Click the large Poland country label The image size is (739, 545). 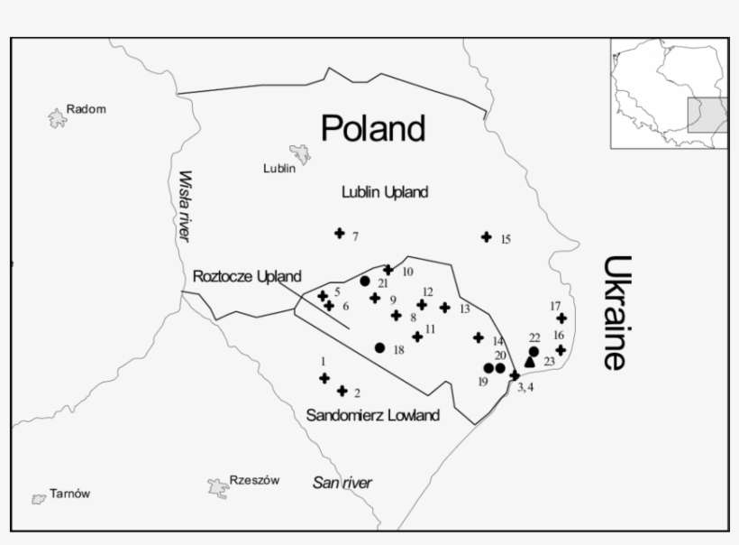[373, 129]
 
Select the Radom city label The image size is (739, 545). [87, 109]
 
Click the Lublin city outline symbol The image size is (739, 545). [299, 154]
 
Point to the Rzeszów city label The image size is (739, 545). [254, 480]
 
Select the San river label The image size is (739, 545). [342, 483]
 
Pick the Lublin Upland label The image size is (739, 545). [385, 192]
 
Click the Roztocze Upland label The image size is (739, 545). [247, 276]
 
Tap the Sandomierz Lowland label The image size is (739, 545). [373, 415]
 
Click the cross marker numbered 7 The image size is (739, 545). [340, 234]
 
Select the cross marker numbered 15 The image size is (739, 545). [487, 237]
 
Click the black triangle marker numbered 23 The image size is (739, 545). [530, 361]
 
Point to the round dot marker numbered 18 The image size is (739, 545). [379, 347]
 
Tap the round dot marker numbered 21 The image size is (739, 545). [365, 281]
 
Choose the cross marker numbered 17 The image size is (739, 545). [561, 319]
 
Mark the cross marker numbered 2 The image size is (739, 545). [342, 391]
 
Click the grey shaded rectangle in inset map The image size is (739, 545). [707, 115]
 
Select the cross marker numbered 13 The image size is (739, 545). [444, 308]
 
